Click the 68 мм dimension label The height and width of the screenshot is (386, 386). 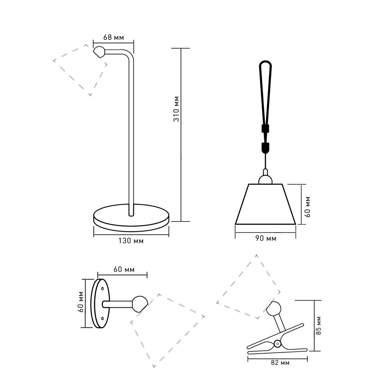tap(113, 37)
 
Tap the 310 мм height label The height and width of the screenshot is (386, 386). tap(176, 109)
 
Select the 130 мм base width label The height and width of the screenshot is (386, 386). tap(131, 240)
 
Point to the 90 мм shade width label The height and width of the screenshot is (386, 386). tap(266, 238)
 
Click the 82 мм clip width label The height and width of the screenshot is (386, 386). tap(280, 362)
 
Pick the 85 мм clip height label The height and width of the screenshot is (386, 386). tap(318, 325)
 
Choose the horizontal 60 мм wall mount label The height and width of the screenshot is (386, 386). tap(124, 269)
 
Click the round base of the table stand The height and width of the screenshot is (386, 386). tap(131, 218)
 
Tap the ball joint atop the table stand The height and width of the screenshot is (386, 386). tap(99, 52)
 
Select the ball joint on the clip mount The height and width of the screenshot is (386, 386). tap(274, 308)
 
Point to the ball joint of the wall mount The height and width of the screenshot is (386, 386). tap(140, 304)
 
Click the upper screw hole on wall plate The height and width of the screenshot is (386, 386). tap(102, 288)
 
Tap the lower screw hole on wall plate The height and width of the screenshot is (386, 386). tap(102, 318)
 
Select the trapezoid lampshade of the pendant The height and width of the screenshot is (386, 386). tap(266, 204)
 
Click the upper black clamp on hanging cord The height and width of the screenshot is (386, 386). tap(265, 129)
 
